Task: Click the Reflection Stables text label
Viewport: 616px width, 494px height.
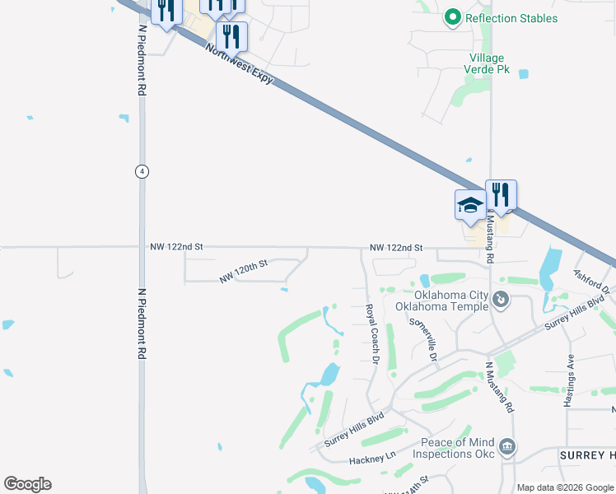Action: [x=511, y=18]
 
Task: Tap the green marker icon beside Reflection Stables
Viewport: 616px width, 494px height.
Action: [x=451, y=16]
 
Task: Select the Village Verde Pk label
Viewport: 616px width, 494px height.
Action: [x=490, y=64]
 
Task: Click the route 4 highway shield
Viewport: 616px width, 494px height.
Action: [x=142, y=170]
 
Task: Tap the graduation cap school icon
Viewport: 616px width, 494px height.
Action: [x=470, y=204]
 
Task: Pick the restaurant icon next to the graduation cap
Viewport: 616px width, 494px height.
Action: [x=501, y=195]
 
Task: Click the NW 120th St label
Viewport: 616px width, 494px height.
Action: [x=244, y=273]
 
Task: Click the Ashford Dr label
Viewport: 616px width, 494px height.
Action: [x=590, y=280]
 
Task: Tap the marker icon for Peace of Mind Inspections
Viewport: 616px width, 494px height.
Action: [x=508, y=447]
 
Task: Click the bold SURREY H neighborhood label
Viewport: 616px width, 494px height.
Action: [x=586, y=455]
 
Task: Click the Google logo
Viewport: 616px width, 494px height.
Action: [x=27, y=484]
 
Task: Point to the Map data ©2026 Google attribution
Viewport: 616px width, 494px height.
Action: [x=565, y=487]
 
